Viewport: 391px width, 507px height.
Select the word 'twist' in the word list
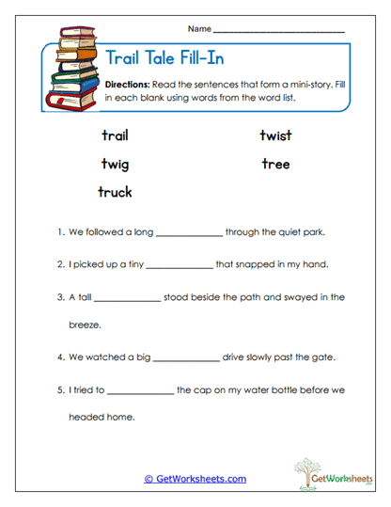coord(275,135)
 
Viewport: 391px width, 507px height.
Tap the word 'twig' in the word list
coord(116,165)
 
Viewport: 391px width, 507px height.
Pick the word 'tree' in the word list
coord(275,164)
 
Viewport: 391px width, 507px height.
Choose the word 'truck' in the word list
coord(116,192)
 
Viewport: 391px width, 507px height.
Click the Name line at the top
coord(278,31)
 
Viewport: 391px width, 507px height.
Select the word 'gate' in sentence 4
coord(323,357)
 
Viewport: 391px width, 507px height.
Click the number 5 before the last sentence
coord(58,389)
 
